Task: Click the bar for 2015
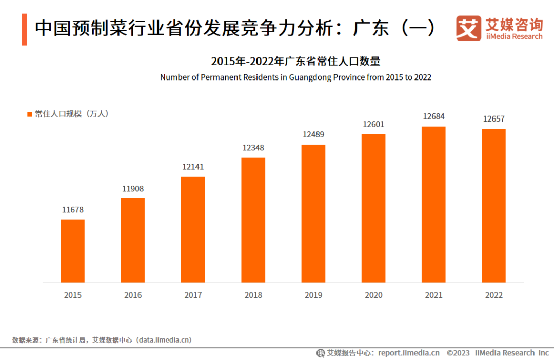72,251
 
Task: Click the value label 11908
133,189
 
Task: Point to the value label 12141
193,167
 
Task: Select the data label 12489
313,134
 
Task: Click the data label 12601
373,124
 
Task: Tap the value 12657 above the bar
493,119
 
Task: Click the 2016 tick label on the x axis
133,295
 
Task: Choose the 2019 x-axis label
313,295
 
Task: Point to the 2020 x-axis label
373,295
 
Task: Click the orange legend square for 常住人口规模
30,114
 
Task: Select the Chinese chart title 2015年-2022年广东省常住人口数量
295,62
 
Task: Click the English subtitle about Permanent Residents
295,77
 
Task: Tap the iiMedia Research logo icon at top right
469,28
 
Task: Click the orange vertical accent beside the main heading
25,30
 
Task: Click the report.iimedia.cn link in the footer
409,353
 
